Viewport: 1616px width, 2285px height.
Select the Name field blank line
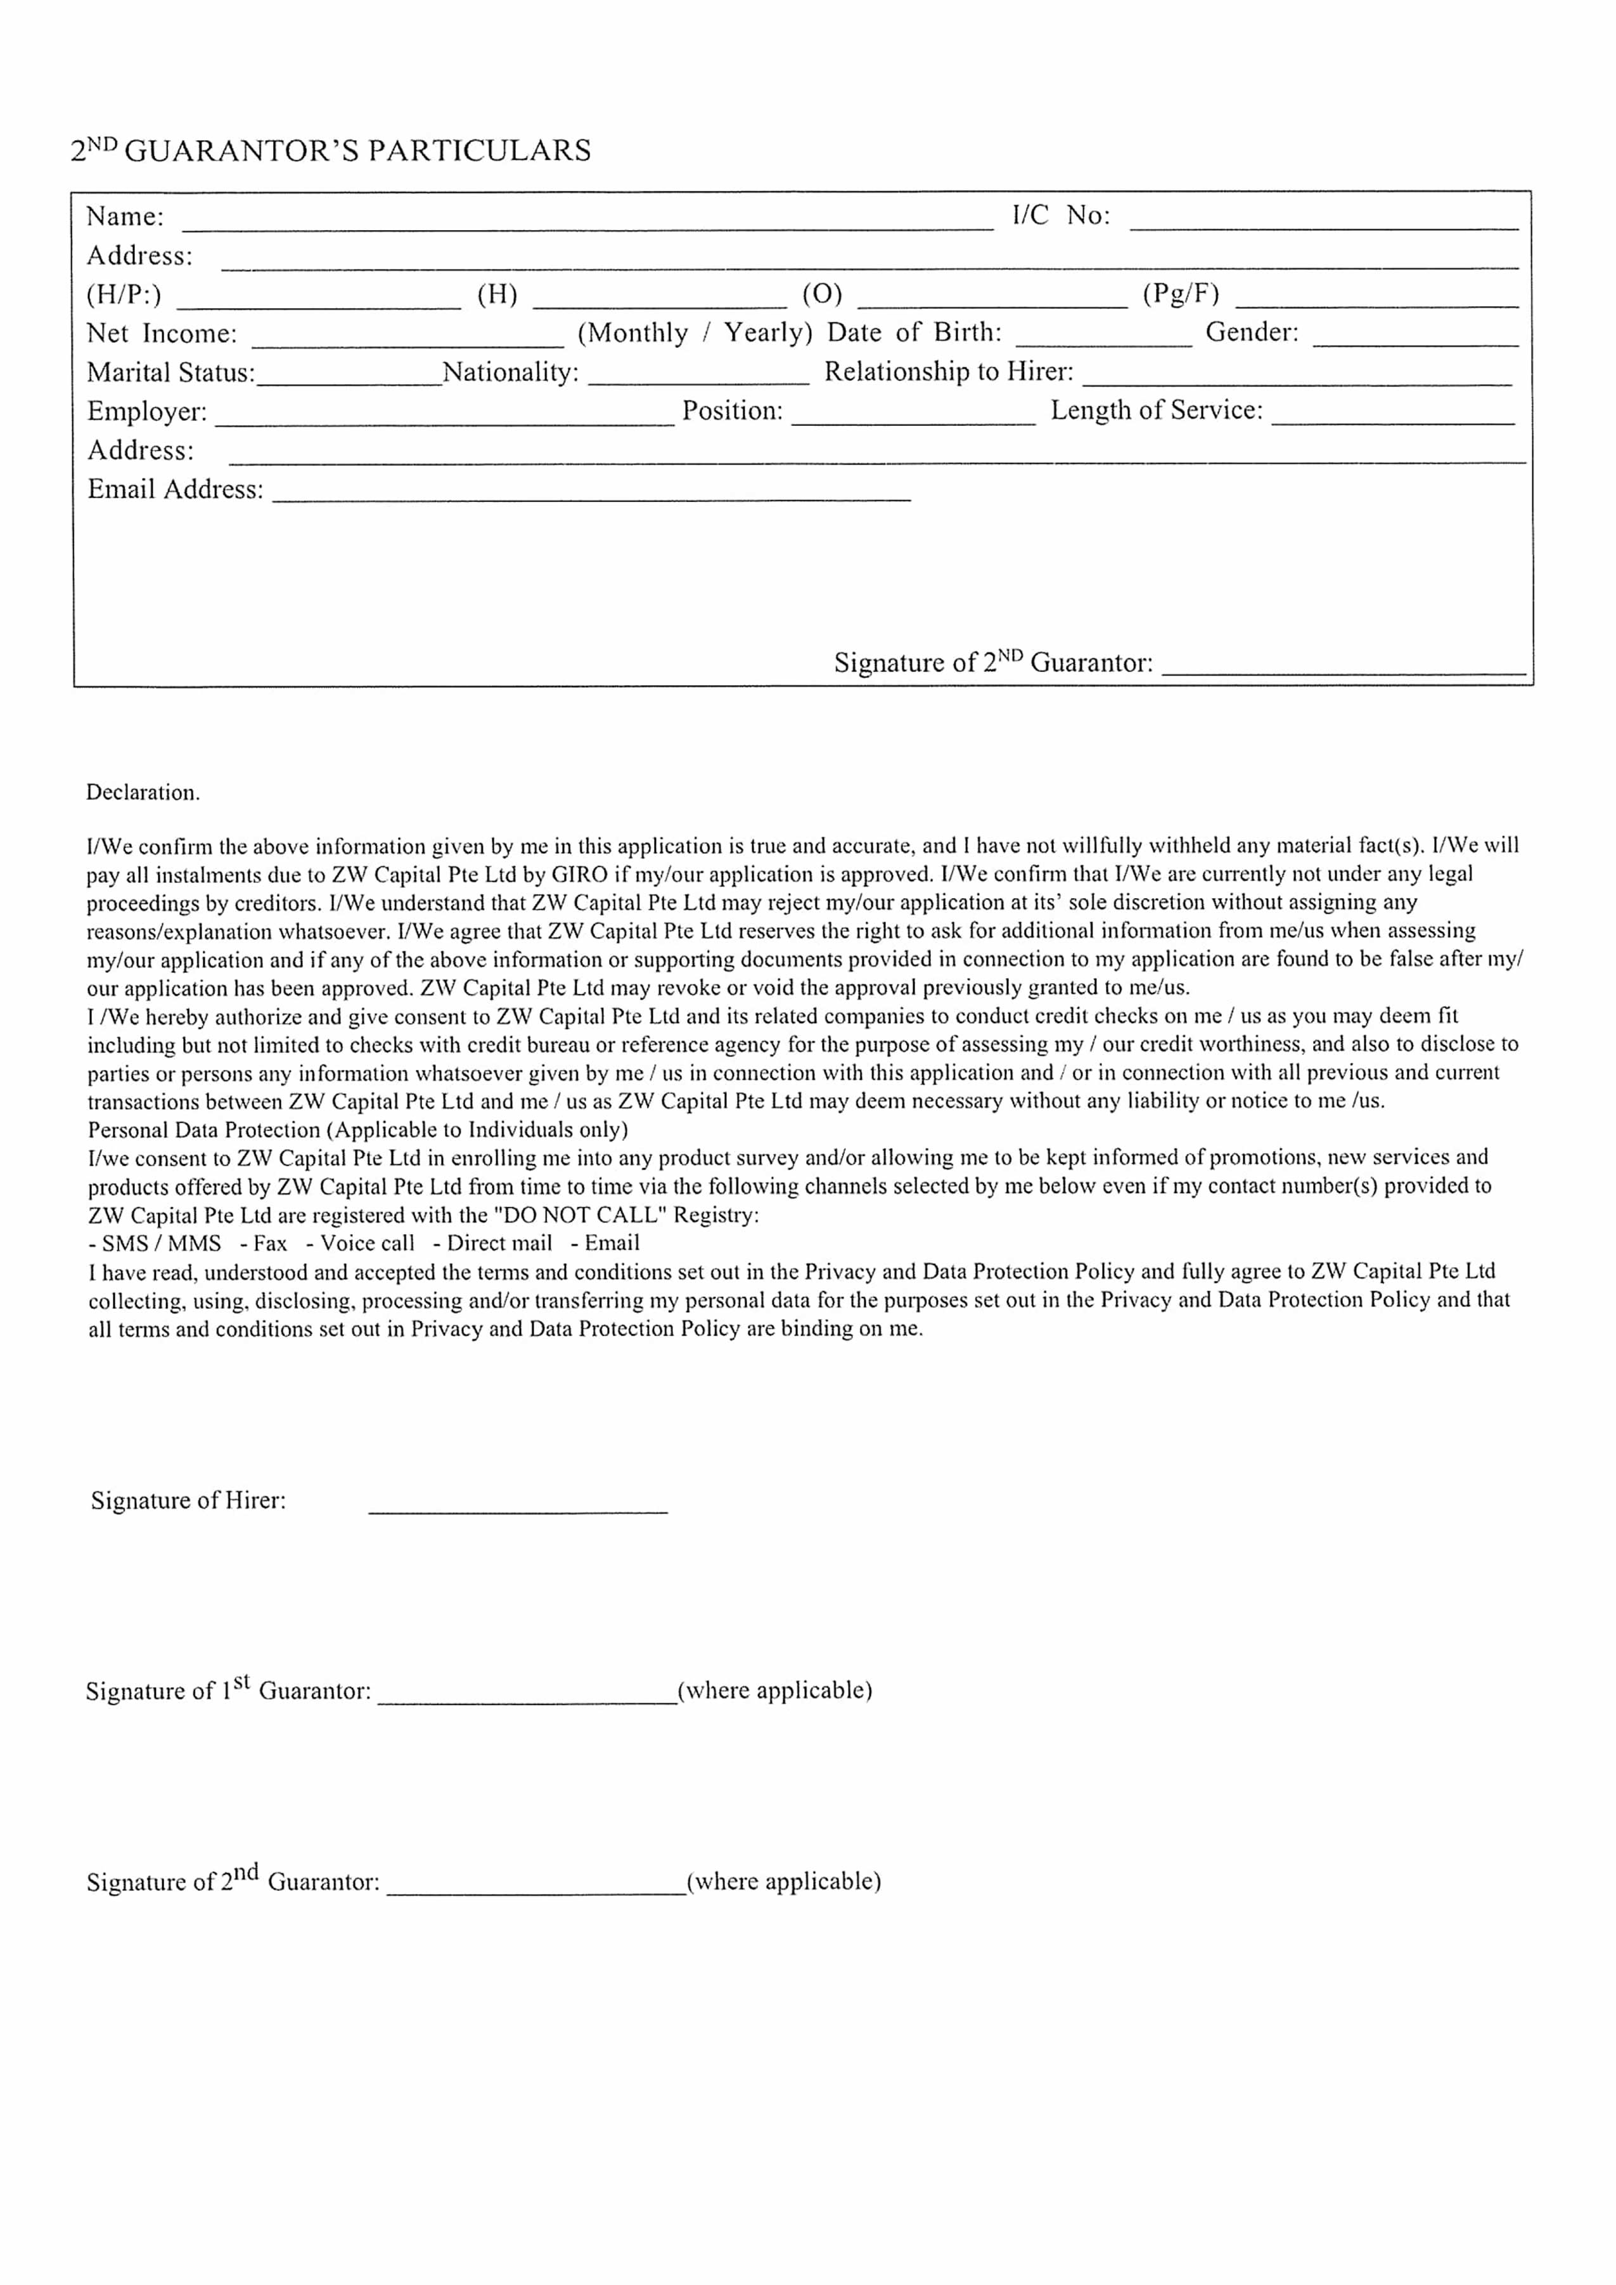[587, 221]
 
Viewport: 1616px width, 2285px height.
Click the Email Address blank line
[591, 494]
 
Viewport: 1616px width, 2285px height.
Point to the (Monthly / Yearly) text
[695, 332]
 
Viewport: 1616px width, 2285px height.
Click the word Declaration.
[143, 792]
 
